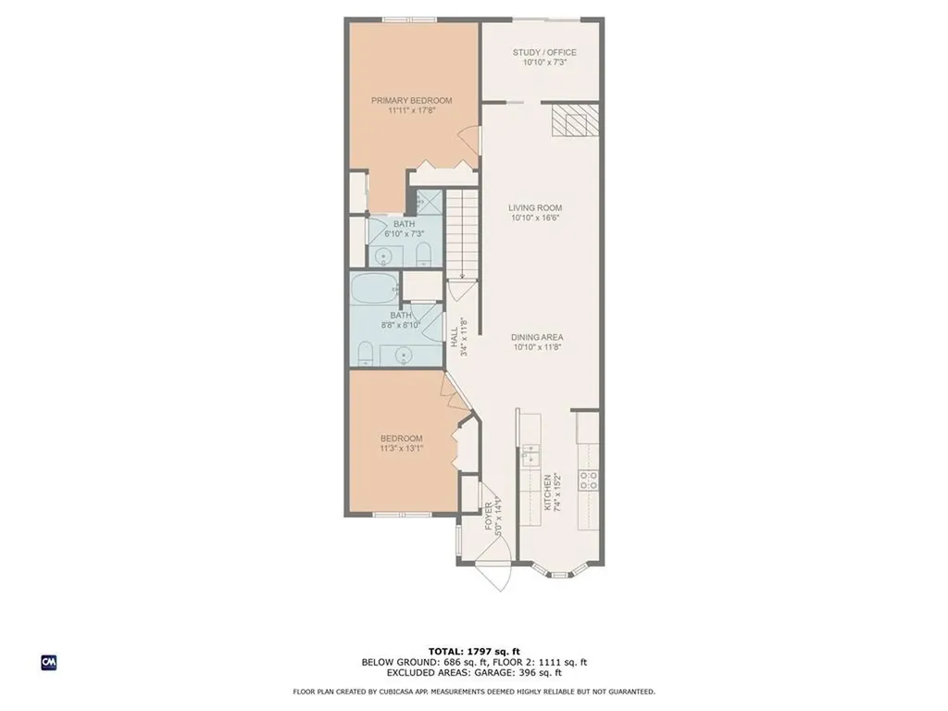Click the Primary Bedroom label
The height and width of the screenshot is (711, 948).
412,100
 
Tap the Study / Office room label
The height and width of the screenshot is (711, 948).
544,52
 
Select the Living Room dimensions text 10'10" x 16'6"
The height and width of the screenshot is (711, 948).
536,218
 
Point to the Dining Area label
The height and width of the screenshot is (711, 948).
537,337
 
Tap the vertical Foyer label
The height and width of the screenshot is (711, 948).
489,516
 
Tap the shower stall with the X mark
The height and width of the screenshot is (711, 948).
429,203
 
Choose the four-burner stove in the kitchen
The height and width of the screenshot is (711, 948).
588,480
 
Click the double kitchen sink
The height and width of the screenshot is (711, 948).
530,454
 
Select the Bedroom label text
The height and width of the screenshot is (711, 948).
402,438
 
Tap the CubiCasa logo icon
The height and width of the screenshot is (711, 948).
48,662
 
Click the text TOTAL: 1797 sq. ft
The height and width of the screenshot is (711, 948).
474,651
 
